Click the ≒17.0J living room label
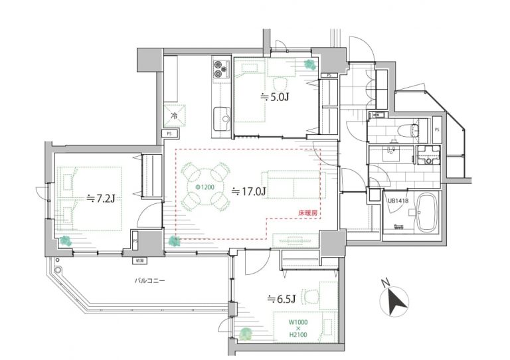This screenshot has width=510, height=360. coord(249,192)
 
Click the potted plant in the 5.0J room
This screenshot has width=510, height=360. coord(309,64)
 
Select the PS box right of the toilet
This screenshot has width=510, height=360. coord(436,129)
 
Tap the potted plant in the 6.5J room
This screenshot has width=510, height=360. coord(246,335)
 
